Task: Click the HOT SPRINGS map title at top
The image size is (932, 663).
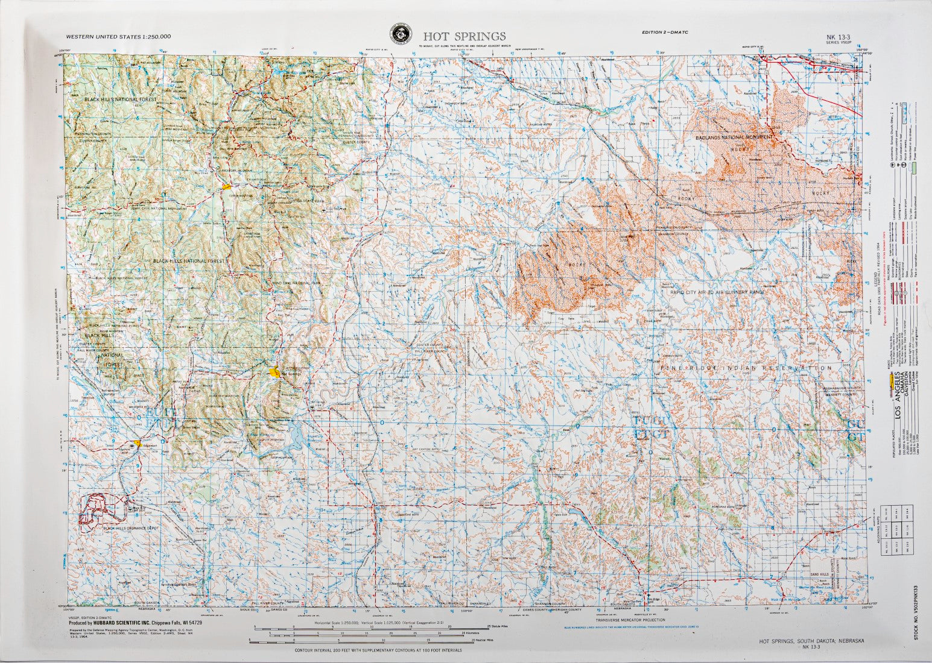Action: pyautogui.click(x=464, y=37)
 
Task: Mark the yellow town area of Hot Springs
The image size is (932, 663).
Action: pyautogui.click(x=275, y=373)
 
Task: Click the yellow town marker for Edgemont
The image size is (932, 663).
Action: pyautogui.click(x=139, y=443)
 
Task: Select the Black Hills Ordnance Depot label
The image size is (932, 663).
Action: pyautogui.click(x=131, y=529)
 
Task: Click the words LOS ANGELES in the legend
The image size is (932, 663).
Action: pyautogui.click(x=896, y=397)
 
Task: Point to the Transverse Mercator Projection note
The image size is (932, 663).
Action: pyautogui.click(x=630, y=620)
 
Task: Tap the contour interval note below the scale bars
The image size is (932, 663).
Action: pyautogui.click(x=378, y=651)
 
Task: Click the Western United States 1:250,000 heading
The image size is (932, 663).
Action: pyautogui.click(x=118, y=36)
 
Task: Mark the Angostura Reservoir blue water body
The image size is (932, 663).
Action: pyautogui.click(x=297, y=431)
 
